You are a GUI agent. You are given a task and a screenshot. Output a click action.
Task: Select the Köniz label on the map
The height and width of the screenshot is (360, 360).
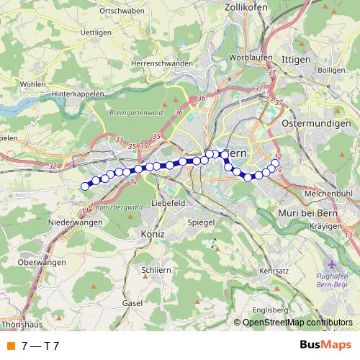tap(153, 235)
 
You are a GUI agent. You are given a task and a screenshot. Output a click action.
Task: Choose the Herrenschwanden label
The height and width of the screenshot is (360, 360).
tap(162, 63)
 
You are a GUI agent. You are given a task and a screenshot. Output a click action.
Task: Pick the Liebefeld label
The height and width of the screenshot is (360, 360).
tap(171, 204)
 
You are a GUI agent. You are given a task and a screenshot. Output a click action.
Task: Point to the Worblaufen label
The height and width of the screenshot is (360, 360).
tap(249, 57)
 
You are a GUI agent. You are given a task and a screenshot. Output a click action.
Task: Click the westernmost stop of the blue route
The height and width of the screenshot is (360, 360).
tap(85, 186)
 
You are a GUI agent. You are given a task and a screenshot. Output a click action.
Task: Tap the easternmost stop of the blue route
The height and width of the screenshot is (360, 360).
tap(275, 163)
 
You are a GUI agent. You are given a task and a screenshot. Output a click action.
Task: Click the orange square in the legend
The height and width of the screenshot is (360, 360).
tap(10, 346)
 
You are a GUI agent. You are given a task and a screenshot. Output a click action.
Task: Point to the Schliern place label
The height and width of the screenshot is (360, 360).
tap(156, 269)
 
